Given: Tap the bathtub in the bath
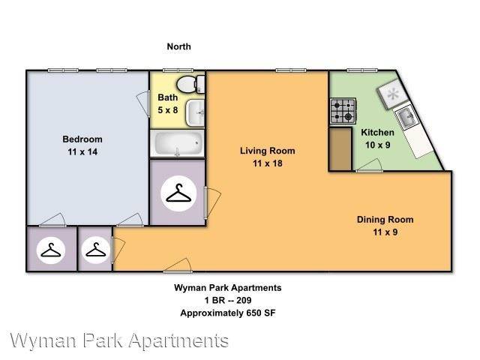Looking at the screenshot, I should point(177,143).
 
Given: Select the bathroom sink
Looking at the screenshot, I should point(196,112).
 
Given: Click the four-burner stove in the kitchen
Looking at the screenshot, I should point(343,112).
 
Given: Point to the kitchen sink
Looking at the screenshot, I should point(407,117).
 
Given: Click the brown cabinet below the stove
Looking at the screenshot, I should point(340,149).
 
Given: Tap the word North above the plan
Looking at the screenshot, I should point(178,46).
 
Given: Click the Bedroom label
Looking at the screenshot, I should point(82,139).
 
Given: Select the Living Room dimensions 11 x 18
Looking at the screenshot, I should point(267,163).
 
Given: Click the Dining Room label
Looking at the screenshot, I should point(385,220).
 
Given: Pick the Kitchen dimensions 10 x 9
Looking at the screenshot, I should point(378,145).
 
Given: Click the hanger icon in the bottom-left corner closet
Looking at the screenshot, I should point(51,250).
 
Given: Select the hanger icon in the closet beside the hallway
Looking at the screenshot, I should point(95,250).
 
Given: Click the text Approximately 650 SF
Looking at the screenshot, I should point(223,313).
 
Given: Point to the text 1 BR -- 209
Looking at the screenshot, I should point(223,300).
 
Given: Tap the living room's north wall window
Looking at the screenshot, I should point(286,70).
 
